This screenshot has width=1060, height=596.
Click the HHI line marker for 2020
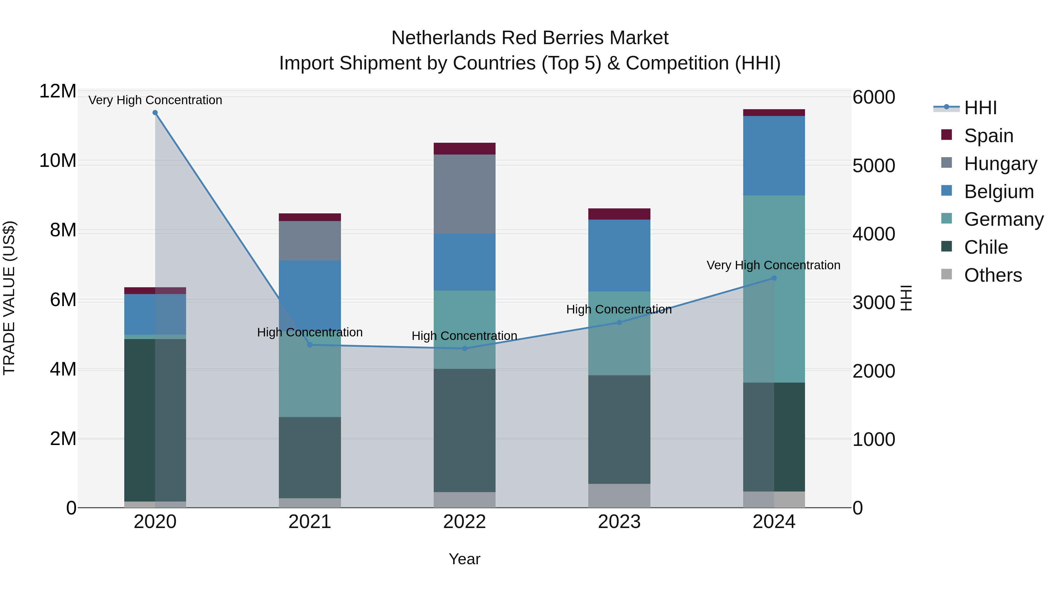(155, 113)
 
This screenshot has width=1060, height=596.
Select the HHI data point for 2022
(465, 348)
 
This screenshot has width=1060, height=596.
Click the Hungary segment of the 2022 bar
(465, 194)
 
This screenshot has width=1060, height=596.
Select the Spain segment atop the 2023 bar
(619, 214)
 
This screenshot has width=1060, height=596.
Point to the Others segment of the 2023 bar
(619, 495)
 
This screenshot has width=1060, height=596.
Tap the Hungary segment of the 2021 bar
(310, 241)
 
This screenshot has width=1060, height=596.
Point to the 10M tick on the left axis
(58, 160)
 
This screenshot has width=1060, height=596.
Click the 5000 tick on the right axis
(874, 166)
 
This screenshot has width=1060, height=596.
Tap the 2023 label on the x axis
(619, 522)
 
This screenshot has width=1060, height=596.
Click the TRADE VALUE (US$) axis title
(9, 298)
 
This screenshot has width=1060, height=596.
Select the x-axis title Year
(465, 559)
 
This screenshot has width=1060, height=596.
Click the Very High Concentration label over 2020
(155, 100)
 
